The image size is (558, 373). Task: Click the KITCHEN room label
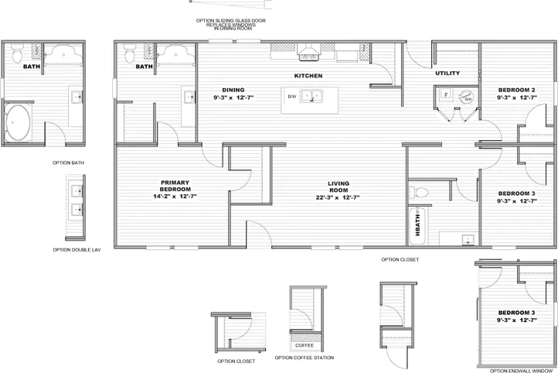point(308,76)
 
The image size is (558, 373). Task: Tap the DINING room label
point(233,91)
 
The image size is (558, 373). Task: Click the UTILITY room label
point(447,74)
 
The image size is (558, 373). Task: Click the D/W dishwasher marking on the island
point(292,97)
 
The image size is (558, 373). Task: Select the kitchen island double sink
point(313,97)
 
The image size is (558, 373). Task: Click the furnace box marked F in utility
point(444,95)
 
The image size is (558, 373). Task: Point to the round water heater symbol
point(466,98)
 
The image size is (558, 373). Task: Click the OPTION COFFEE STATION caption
point(305,358)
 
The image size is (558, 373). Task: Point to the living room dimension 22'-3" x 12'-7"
point(339,199)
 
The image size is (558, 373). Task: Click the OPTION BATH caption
point(68,163)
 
